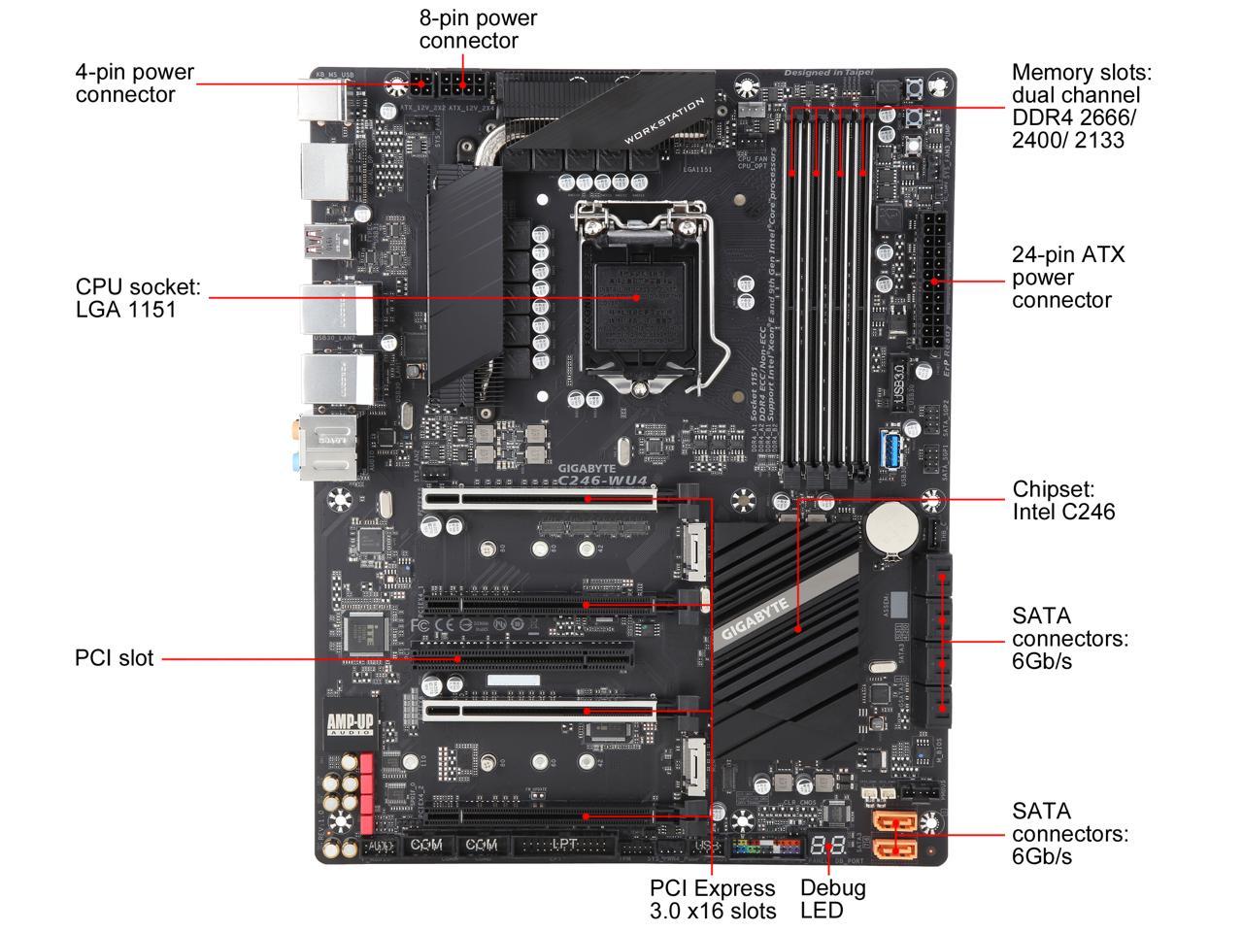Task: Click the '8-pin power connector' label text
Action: (478, 29)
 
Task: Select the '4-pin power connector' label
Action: (134, 83)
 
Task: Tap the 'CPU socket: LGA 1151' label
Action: (138, 298)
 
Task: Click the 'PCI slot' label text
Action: (114, 658)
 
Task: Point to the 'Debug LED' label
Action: (832, 899)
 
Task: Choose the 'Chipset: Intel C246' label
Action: (1063, 500)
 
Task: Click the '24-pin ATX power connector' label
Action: (1067, 278)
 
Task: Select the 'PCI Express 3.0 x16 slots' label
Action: (713, 899)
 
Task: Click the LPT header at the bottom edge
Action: (564, 847)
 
